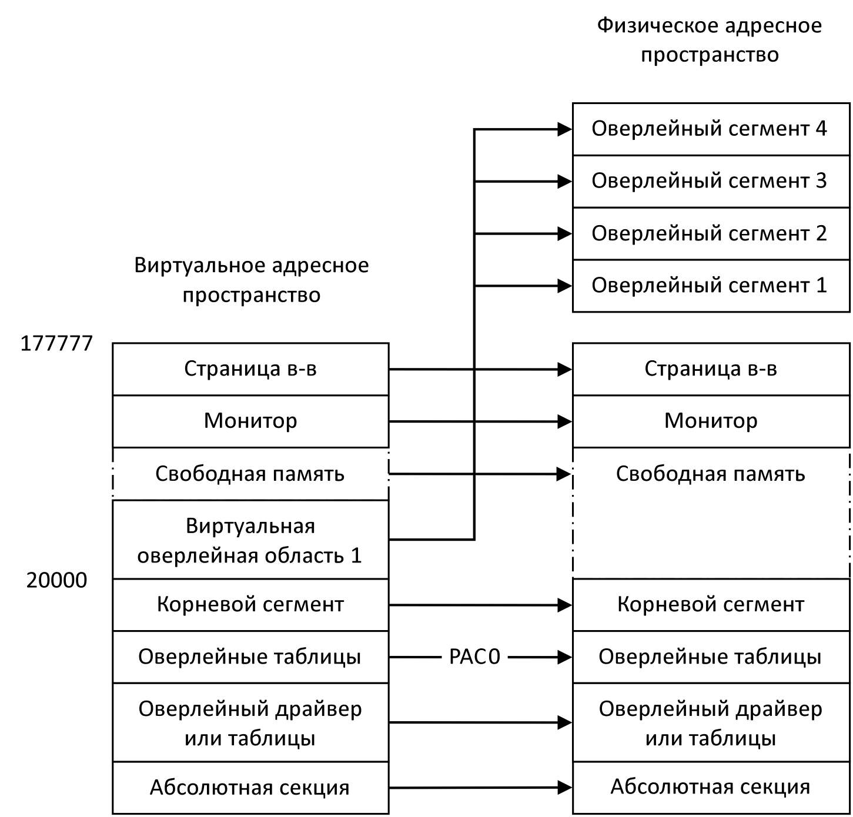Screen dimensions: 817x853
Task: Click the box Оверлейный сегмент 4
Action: click(710, 129)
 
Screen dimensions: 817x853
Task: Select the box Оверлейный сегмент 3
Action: click(710, 181)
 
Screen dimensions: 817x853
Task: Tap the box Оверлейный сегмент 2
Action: click(710, 233)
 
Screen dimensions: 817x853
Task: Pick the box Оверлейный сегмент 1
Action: click(710, 286)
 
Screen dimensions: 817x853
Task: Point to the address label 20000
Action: click(57, 581)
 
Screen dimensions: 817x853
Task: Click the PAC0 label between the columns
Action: click(474, 657)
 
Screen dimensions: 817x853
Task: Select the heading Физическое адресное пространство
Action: click(710, 41)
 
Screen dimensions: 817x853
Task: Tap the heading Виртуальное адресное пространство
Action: click(252, 280)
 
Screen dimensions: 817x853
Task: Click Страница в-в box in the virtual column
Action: click(250, 369)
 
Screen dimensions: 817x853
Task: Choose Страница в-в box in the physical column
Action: click(711, 369)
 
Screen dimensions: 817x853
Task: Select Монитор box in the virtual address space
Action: click(250, 421)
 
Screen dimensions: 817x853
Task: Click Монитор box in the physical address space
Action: click(711, 421)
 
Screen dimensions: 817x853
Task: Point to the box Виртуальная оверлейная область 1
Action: click(250, 540)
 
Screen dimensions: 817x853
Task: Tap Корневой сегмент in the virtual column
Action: click(250, 605)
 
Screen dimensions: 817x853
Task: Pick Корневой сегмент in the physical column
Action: click(711, 605)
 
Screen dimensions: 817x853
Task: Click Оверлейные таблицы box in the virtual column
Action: click(250, 657)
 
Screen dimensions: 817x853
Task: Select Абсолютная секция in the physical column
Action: click(711, 787)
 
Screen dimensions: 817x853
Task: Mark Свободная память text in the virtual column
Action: click(250, 474)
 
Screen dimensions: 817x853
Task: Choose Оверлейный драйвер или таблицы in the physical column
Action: click(711, 723)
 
